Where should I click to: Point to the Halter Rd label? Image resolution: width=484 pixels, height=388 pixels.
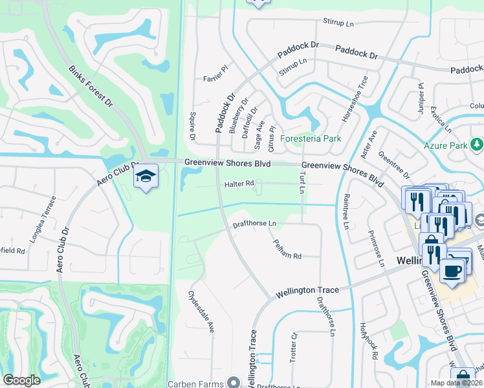pyautogui.click(x=239, y=184)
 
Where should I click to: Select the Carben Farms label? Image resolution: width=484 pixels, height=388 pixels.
pyautogui.click(x=195, y=383)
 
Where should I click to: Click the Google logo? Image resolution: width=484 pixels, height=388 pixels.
pyautogui.click(x=22, y=380)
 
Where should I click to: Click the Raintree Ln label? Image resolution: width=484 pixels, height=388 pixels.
pyautogui.click(x=346, y=211)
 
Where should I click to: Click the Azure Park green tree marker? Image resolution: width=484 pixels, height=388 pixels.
pyautogui.click(x=477, y=144)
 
